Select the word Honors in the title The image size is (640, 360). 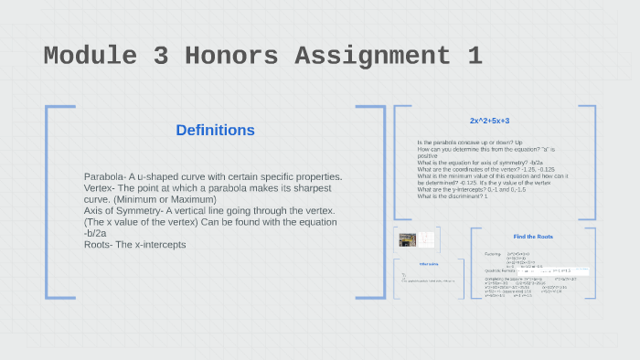pyautogui.click(x=230, y=56)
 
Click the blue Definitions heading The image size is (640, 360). pyautogui.click(x=215, y=131)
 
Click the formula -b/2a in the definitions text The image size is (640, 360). pyautogui.click(x=94, y=234)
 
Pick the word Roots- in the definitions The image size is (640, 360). pyautogui.click(x=101, y=245)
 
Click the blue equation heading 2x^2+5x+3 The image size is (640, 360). pyautogui.click(x=489, y=121)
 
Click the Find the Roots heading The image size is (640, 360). pyautogui.click(x=532, y=237)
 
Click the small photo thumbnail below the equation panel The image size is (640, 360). pyautogui.click(x=406, y=240)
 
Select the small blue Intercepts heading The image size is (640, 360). pyautogui.click(x=430, y=264)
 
